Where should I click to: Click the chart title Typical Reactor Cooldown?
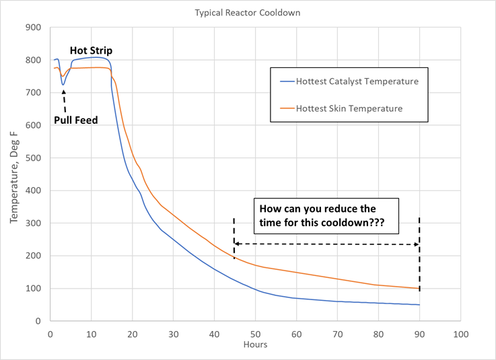tap(248, 13)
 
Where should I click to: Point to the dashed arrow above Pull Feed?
tap(65, 101)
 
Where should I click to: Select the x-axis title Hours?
tap(255, 345)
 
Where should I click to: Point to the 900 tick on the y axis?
tap(34, 28)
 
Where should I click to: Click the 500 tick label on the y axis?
tap(34, 158)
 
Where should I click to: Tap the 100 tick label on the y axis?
tap(34, 289)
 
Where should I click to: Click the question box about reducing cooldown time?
tap(326, 215)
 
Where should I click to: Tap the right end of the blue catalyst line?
tap(419, 305)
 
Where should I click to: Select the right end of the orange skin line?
tap(419, 289)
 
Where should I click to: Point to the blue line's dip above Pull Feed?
tap(63, 85)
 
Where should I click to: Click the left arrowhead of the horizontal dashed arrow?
tap(236, 244)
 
